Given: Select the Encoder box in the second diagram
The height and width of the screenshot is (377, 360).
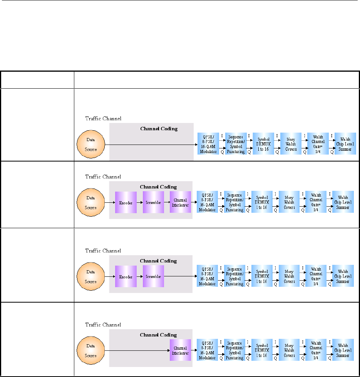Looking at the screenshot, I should coord(126,202).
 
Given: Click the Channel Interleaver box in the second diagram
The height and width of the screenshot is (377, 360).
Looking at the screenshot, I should coord(180,202).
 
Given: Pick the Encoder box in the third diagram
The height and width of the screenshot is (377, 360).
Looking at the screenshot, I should coord(126,276).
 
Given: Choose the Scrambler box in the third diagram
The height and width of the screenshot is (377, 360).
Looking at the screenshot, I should coord(153,276).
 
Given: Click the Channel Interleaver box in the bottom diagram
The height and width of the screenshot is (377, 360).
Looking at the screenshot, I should coord(180,350).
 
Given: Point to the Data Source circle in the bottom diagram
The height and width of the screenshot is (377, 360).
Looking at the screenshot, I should coord(91,350).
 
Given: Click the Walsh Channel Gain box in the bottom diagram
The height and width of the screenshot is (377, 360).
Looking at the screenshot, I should coord(316,350).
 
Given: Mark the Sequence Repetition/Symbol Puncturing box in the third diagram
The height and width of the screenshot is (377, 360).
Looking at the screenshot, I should coord(235,276).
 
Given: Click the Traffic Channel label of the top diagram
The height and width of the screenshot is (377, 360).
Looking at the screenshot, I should coord(103,118).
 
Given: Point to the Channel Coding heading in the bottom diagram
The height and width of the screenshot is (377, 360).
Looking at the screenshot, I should coord(158,335).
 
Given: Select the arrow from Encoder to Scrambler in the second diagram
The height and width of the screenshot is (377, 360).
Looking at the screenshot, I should coord(140,202).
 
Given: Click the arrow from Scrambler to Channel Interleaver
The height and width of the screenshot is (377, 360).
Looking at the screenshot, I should coord(167,202).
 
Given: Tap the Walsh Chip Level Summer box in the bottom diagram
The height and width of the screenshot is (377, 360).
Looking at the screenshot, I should coord(343,350).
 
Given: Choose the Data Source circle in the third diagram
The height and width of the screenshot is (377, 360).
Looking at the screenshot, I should coord(91,276).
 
